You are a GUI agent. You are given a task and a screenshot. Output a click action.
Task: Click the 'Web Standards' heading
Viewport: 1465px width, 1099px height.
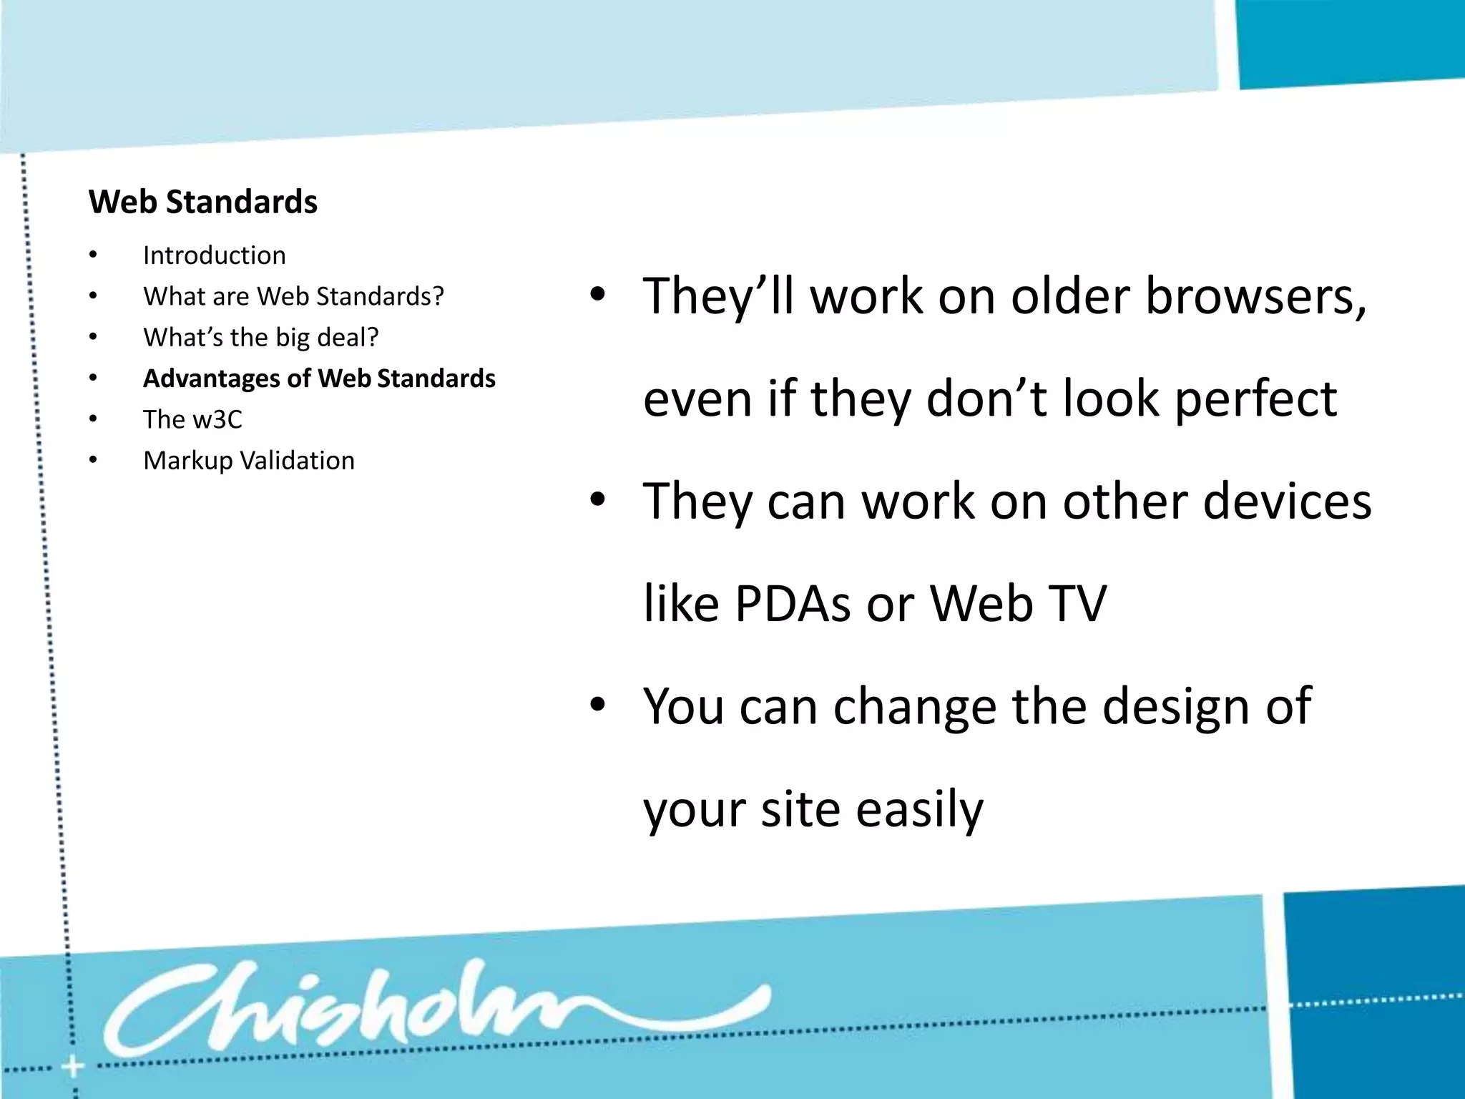tap(203, 202)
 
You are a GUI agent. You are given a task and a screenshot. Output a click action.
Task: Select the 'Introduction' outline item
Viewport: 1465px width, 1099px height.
tap(214, 255)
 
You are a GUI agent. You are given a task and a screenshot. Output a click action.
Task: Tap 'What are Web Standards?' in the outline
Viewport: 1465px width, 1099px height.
tap(293, 296)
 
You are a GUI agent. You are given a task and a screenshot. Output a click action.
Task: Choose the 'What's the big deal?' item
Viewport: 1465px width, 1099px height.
tap(260, 337)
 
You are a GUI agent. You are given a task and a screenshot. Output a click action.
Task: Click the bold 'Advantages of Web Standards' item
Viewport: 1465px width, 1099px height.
tap(319, 378)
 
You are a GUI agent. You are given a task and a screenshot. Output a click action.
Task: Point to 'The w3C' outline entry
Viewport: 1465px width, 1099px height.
tap(192, 419)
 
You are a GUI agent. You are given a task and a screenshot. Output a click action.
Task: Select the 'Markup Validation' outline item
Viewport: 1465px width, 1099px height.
tap(248, 461)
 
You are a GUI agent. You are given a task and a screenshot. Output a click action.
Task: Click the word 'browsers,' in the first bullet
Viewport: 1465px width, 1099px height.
tap(1256, 296)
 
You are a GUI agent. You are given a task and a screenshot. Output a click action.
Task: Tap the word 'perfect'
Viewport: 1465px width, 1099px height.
tap(1255, 399)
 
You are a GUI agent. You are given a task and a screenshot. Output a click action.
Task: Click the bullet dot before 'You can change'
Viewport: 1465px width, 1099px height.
tap(598, 705)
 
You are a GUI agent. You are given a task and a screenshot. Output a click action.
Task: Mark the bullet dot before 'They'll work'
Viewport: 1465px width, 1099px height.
tap(598, 295)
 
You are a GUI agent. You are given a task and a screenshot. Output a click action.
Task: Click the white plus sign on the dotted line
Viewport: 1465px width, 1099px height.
tap(72, 1068)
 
